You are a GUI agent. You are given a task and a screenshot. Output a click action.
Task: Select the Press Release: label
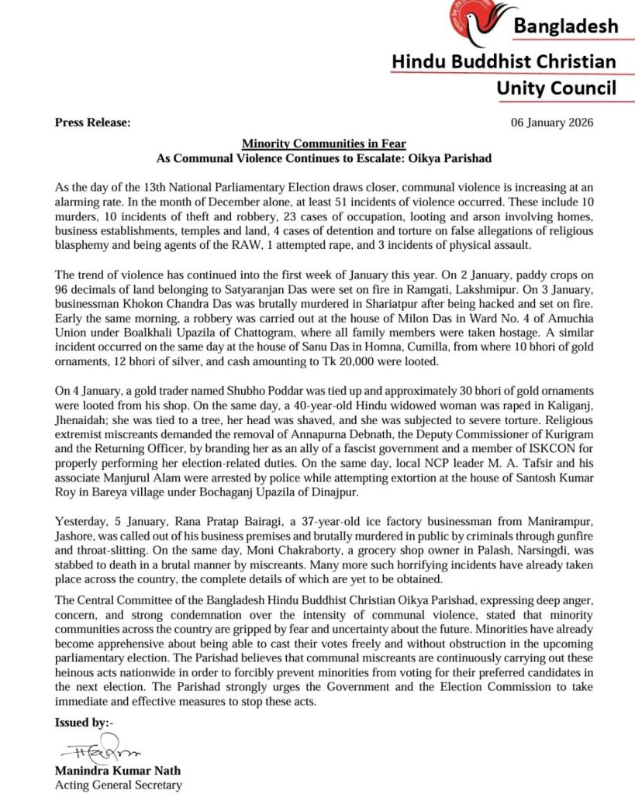[x=92, y=123]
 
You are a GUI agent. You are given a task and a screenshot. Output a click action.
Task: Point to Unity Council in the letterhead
[x=557, y=88]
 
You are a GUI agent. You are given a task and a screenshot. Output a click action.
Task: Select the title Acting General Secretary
[x=118, y=785]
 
